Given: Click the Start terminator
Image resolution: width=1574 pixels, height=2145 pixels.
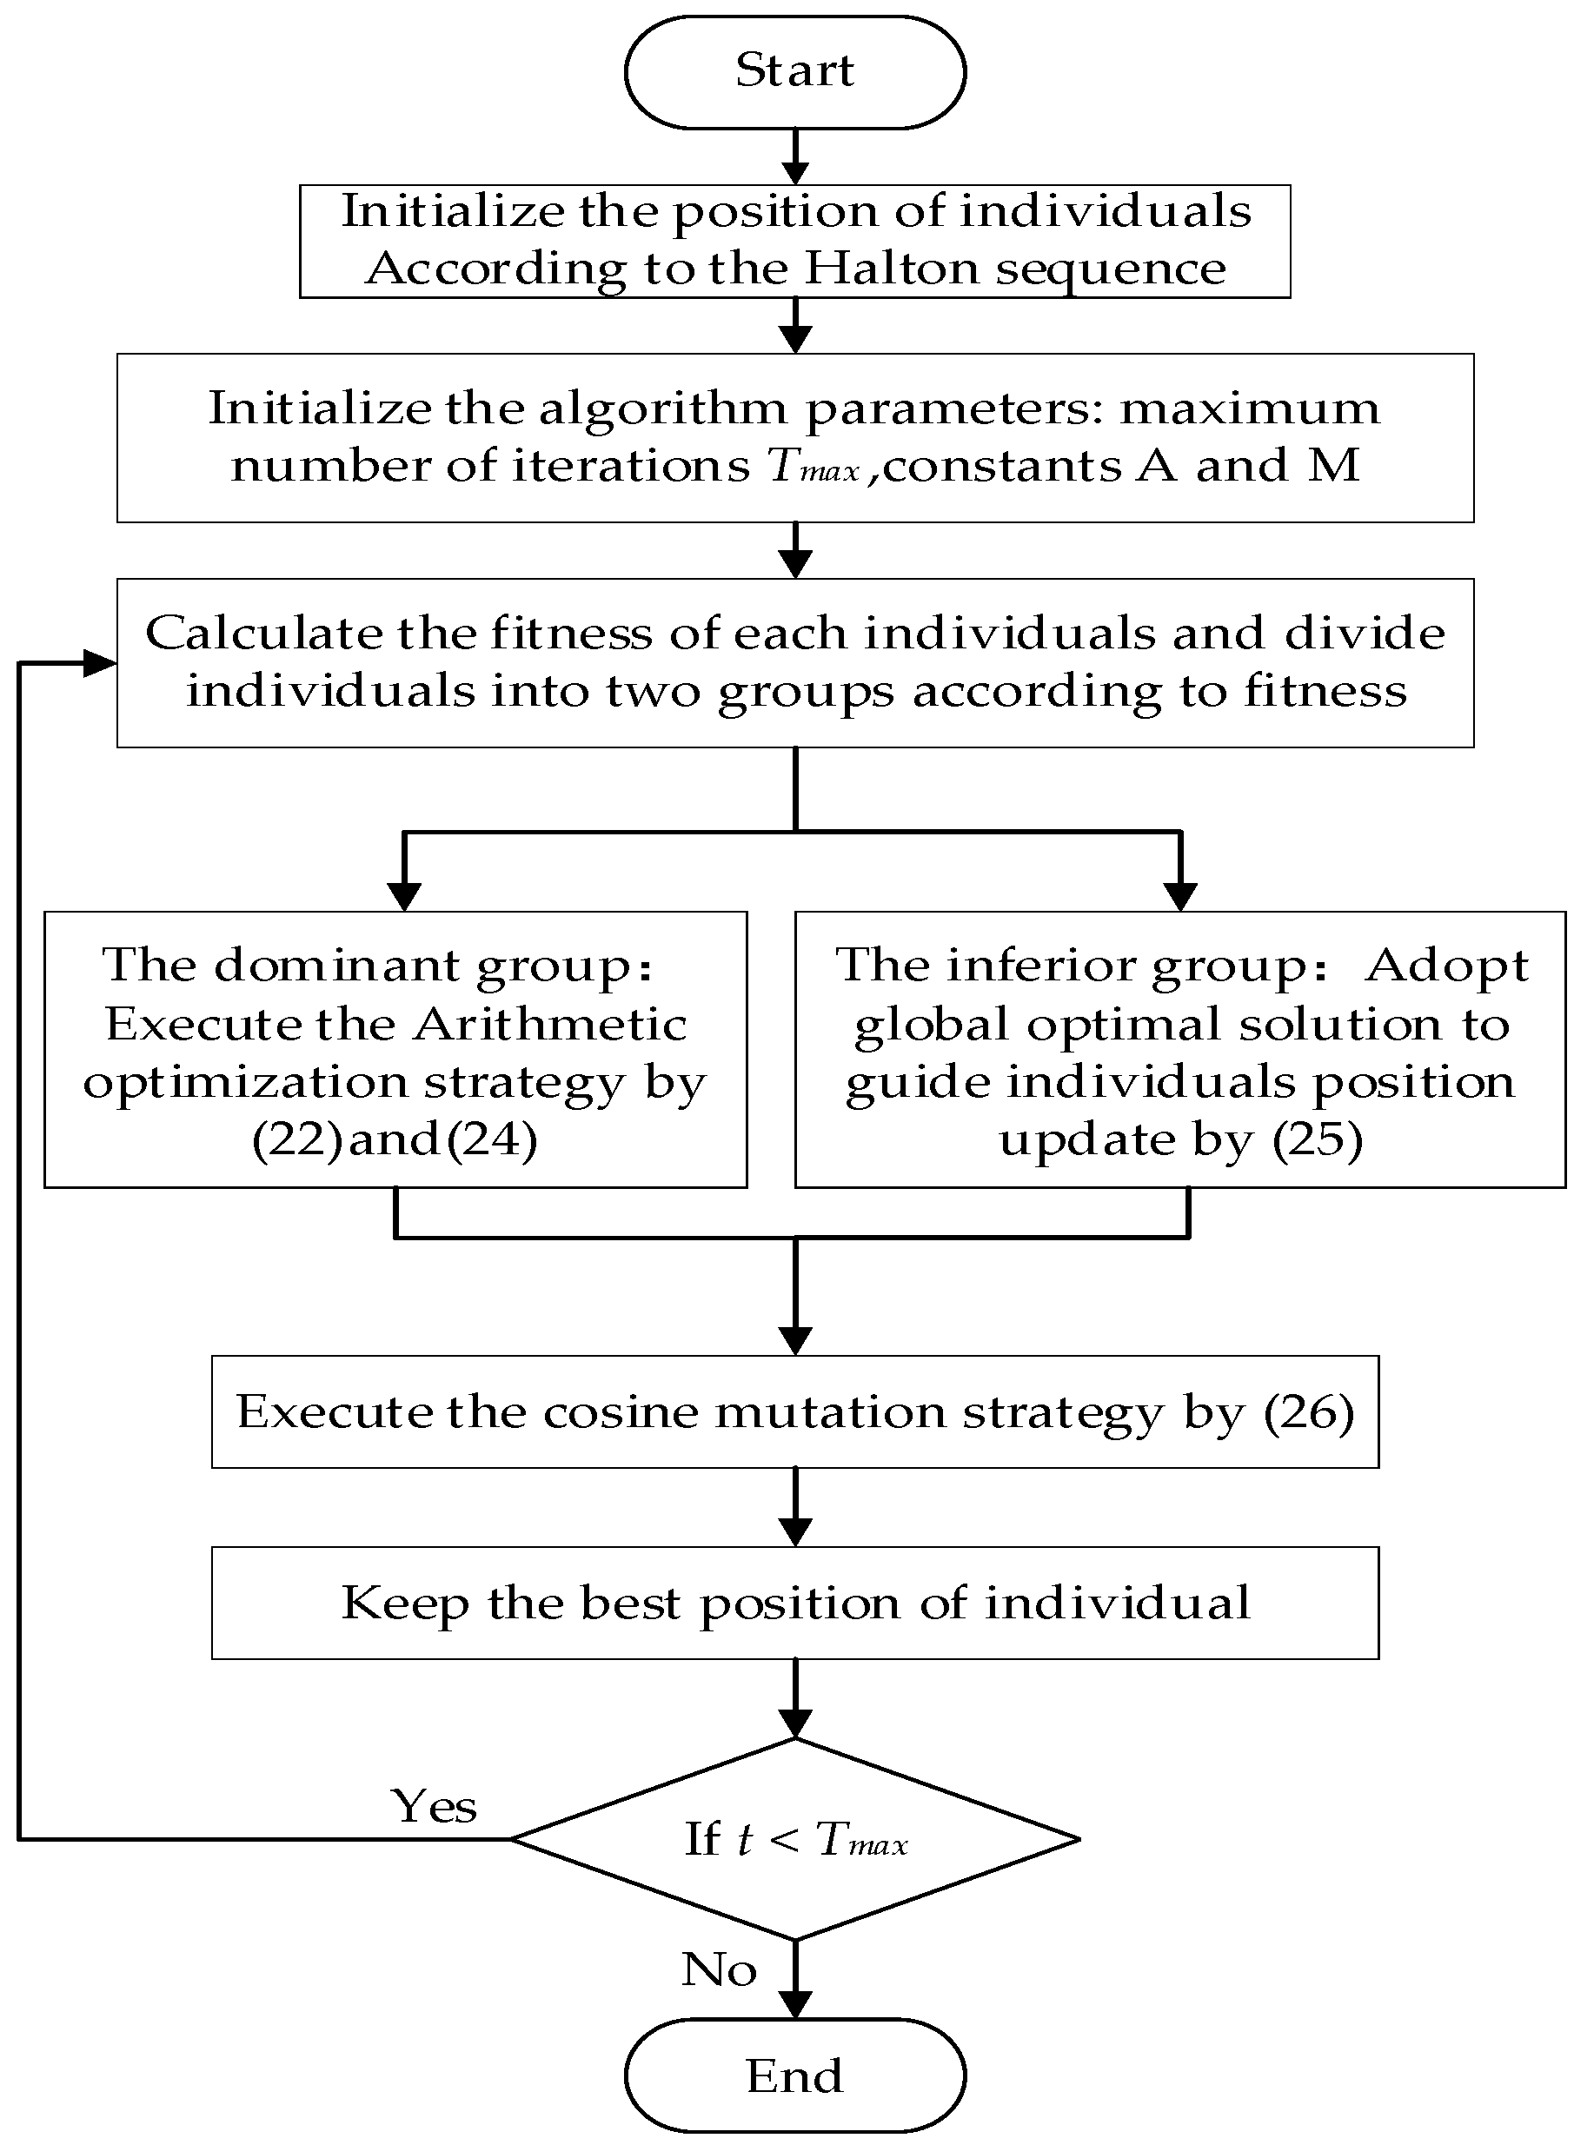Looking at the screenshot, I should coord(794,71).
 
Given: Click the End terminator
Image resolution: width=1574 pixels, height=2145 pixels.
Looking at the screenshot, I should coord(794,2075).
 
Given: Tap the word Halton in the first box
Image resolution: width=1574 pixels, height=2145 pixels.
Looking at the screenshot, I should coord(892,269).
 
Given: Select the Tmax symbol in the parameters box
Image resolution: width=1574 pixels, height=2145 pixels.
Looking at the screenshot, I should coord(814,467).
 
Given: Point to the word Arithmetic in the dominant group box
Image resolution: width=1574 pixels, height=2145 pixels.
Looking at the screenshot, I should coord(550,1025).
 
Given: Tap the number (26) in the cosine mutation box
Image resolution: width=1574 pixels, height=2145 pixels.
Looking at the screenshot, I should coord(1308,1412).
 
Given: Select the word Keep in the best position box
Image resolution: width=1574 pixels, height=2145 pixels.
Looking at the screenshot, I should coord(405,1604).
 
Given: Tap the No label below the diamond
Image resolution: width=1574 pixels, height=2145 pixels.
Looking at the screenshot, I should coord(719,1969).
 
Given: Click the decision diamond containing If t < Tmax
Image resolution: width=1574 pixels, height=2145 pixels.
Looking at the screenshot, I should coord(794,1839).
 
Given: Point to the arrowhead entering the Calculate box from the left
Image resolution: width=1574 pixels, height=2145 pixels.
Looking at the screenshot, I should coord(99,663).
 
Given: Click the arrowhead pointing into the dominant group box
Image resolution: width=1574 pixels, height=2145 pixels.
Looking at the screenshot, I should coord(404,897).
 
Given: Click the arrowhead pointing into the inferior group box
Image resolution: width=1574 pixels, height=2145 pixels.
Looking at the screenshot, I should coord(1180,897).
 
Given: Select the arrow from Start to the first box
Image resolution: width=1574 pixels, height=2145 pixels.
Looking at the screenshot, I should coord(794,156).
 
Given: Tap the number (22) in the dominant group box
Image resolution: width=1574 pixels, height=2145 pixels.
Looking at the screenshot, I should coord(296,1139).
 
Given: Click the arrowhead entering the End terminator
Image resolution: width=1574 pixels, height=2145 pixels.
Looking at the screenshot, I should coord(794,2004).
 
